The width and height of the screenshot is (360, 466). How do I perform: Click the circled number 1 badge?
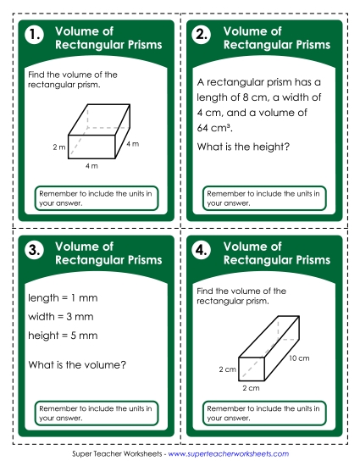click(34, 36)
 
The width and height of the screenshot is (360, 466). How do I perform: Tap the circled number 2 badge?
click(202, 36)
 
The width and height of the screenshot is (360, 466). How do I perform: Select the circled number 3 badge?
click(34, 251)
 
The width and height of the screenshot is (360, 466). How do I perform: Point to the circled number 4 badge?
click(202, 251)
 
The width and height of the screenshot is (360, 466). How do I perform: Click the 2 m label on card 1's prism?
click(58, 147)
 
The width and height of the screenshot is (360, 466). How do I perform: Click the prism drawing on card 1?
click(97, 132)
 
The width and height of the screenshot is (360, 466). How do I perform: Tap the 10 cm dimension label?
click(297, 358)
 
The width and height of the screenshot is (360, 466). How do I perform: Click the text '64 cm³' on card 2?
click(215, 128)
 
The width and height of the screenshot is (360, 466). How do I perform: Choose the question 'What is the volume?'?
click(76, 365)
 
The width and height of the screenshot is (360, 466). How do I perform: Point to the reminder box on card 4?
click(264, 413)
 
